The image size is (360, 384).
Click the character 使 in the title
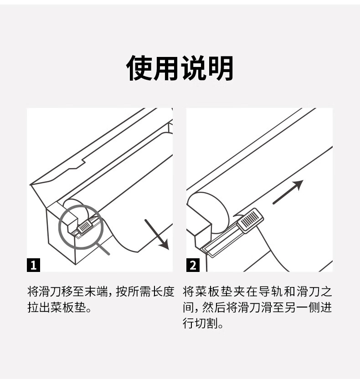point(139,68)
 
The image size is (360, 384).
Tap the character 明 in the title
point(220,68)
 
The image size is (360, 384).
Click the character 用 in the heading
point(166,68)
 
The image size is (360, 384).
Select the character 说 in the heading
point(193,68)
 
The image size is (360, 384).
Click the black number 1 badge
point(33,265)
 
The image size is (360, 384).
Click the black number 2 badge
point(193,265)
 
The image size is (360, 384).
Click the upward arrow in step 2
point(288,192)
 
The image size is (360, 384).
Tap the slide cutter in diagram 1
point(85,226)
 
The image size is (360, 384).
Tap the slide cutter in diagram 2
point(250,219)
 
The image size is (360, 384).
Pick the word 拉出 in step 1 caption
point(39,307)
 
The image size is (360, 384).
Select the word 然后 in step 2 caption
point(213,307)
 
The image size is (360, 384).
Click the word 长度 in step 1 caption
point(163,292)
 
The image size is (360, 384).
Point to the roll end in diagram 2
point(208,212)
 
